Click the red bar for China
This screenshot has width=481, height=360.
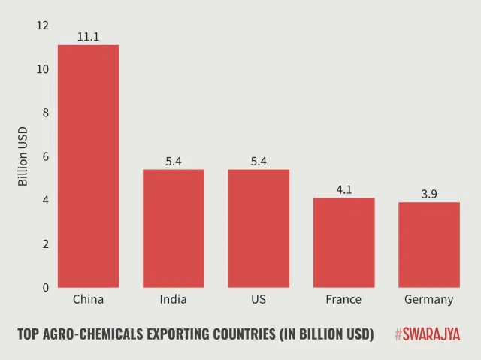[88, 166]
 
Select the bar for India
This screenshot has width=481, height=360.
[174, 228]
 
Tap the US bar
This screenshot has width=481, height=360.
[259, 228]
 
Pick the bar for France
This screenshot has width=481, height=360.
[343, 243]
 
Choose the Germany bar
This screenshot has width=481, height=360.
[429, 245]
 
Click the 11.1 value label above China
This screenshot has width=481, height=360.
[88, 36]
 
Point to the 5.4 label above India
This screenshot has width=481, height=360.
[174, 161]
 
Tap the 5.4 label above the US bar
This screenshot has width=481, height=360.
[259, 161]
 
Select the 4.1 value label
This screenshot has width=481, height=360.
[343, 189]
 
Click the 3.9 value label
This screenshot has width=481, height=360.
[429, 194]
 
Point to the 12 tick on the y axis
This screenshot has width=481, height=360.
[42, 26]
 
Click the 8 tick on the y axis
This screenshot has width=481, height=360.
[45, 113]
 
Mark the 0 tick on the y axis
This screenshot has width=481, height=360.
[45, 288]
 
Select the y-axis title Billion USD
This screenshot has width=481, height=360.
[23, 156]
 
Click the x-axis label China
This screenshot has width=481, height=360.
[88, 299]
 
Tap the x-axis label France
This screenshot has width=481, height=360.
[343, 299]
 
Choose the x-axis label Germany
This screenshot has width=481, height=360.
[429, 300]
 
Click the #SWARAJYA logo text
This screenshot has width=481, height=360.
[427, 334]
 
